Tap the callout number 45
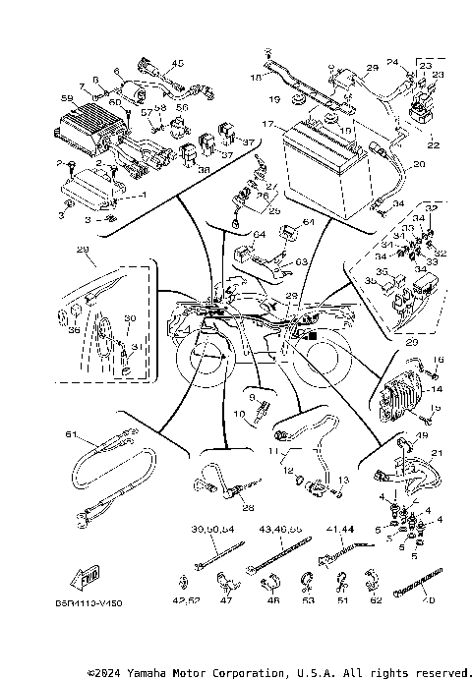click(178, 63)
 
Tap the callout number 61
click(71, 433)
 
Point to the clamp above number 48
click(272, 578)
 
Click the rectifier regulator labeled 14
click(400, 400)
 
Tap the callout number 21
click(437, 452)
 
